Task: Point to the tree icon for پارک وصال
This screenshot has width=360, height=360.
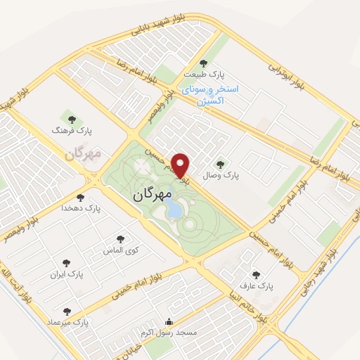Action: coord(221,162)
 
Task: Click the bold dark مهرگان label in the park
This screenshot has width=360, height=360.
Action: coord(153,192)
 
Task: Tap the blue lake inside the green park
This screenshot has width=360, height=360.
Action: coord(173,207)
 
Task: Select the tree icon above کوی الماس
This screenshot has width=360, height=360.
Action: coord(120,240)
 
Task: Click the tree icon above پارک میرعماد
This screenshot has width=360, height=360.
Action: coord(67,311)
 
